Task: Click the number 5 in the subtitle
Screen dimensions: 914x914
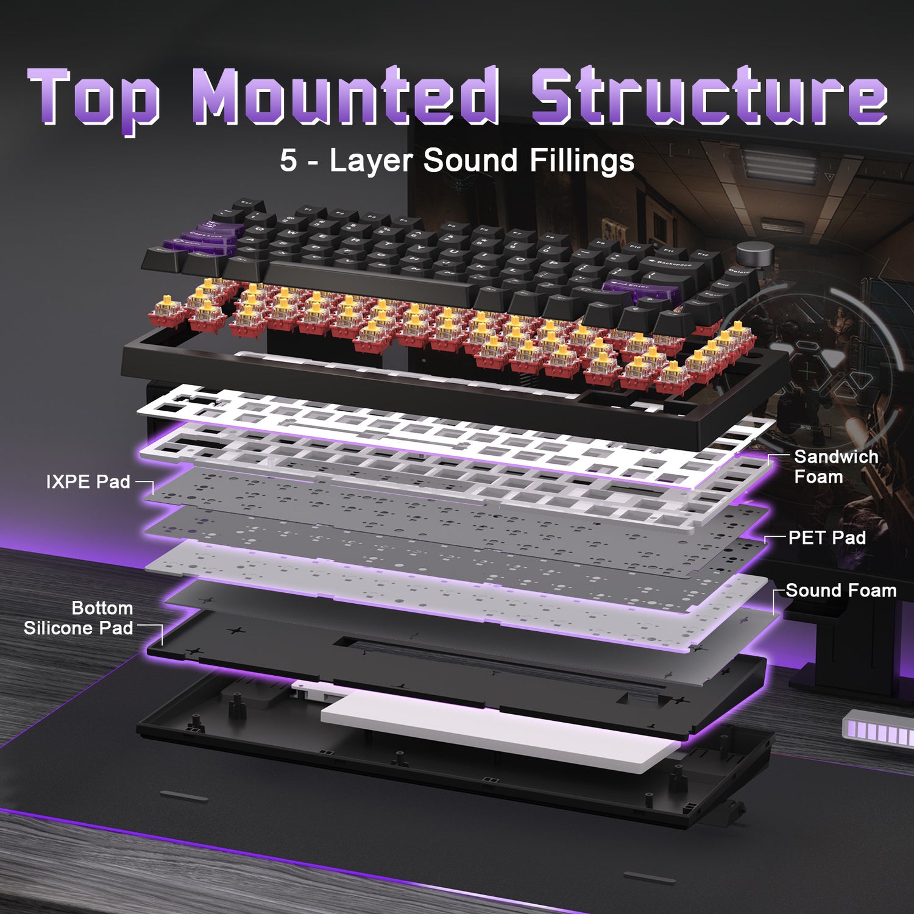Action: pos(288,161)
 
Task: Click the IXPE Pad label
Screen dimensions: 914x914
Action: pos(88,482)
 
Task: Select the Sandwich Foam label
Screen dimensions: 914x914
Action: pos(835,467)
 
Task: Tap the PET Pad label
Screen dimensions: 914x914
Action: pos(827,537)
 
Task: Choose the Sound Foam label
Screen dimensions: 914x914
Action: pos(841,590)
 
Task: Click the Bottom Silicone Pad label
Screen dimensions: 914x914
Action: pos(79,618)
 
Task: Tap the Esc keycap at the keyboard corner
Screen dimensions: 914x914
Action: pos(245,204)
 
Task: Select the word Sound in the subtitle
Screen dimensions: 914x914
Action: pos(470,161)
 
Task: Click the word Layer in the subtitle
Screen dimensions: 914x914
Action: pos(370,161)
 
